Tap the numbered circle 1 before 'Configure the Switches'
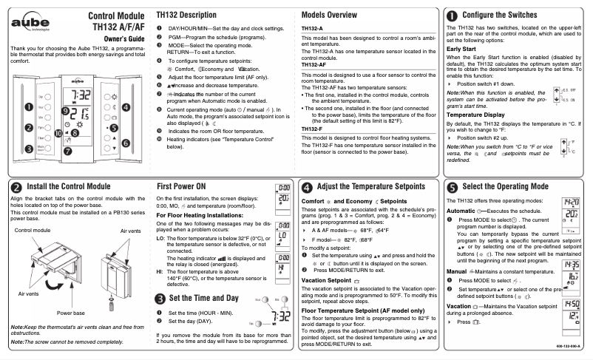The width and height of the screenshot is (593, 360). pyautogui.click(x=452, y=15)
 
